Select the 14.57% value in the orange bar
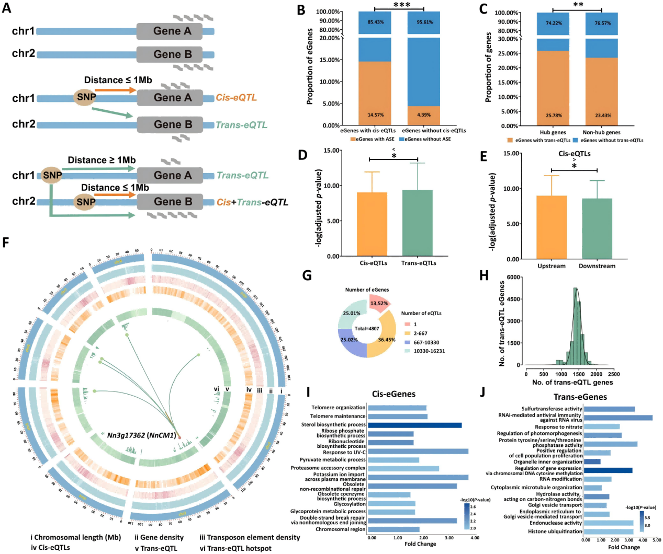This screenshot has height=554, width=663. coord(375,115)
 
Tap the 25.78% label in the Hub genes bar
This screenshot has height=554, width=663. coord(553,116)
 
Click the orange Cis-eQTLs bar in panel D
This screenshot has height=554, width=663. coord(372,224)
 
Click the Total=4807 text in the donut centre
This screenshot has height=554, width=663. coord(366,329)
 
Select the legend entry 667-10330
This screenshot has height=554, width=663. coord(426,342)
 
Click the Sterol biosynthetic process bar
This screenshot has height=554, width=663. coord(414,425)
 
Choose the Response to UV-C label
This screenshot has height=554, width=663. coord(344,452)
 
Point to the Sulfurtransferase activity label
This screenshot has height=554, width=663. coord(552,409)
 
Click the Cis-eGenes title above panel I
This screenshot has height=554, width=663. coord(394,394)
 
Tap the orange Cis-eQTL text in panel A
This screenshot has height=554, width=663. coord(236,98)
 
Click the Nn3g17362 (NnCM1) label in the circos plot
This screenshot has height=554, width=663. coord(141,435)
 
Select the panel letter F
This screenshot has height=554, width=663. coord(6,243)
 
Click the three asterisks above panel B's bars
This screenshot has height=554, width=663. coord(401,5)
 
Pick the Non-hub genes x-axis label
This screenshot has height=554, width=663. coord(601,132)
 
